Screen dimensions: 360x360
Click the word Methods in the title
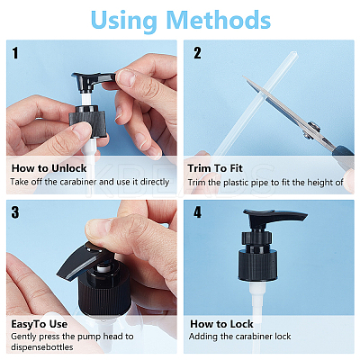(x=218, y=20)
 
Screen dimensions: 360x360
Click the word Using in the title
(x=123, y=21)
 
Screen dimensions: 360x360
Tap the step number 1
(x=15, y=53)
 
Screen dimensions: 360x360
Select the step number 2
(x=197, y=53)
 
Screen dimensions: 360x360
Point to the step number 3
(x=15, y=212)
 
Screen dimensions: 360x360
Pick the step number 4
(x=197, y=212)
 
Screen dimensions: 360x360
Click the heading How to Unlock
(x=49, y=168)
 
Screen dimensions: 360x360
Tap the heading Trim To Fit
(x=215, y=168)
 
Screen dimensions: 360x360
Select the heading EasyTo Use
(x=40, y=324)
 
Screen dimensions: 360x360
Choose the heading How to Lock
(x=221, y=324)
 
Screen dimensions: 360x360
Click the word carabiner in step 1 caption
(x=78, y=182)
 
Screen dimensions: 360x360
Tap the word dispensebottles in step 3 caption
(x=42, y=347)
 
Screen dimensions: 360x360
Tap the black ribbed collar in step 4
(x=258, y=265)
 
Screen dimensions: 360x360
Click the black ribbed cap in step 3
(x=104, y=292)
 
